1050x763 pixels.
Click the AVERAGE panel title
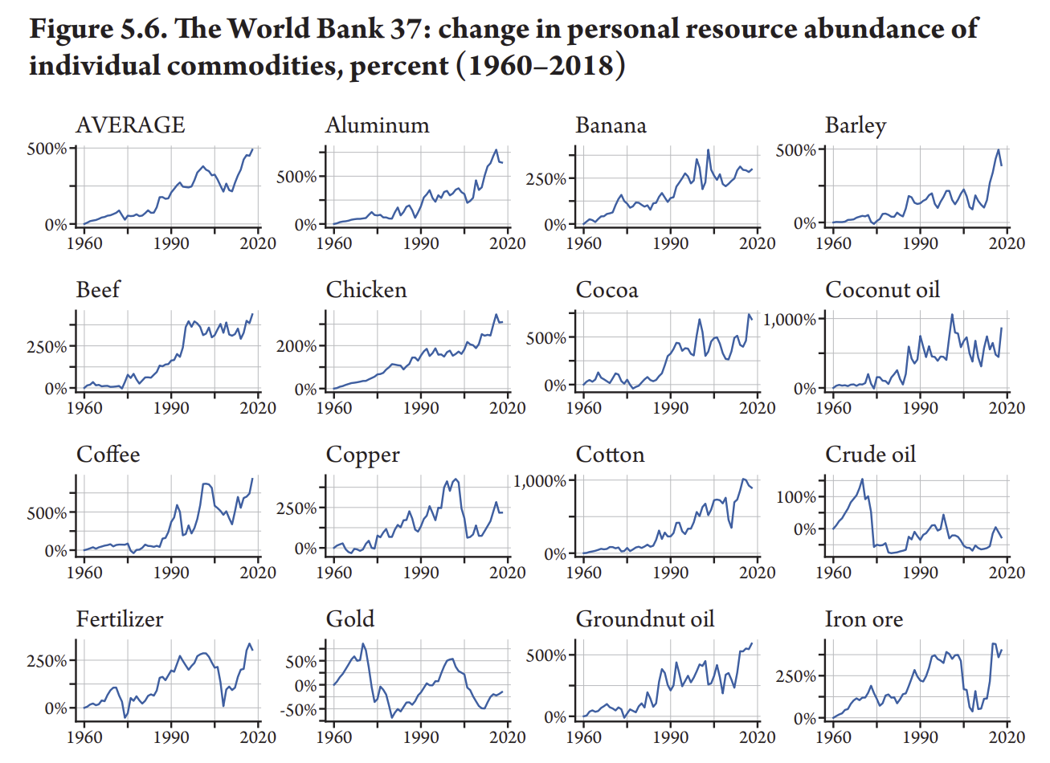click(x=130, y=125)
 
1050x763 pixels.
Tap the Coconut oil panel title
click(x=882, y=290)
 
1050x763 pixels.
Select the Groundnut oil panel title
click(x=644, y=619)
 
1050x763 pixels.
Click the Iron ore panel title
click(x=864, y=619)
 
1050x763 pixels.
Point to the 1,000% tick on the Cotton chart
click(x=541, y=481)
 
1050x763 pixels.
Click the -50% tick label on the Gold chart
click(x=300, y=710)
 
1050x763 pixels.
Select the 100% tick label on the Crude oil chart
click(x=796, y=497)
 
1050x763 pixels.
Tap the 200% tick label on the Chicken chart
click(x=296, y=346)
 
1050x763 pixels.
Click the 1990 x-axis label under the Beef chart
click(x=171, y=408)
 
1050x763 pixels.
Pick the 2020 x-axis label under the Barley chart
click(x=1007, y=243)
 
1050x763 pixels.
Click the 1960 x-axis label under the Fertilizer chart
click(x=84, y=737)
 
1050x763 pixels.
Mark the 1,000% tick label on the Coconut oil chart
click(x=789, y=320)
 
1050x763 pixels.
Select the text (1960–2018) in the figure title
click(x=541, y=64)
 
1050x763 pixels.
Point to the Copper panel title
click(x=362, y=455)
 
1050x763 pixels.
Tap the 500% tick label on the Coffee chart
click(x=47, y=513)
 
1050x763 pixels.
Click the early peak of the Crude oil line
click(x=862, y=479)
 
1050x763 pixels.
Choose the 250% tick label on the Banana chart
click(x=546, y=179)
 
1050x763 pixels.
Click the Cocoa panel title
click(x=607, y=290)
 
